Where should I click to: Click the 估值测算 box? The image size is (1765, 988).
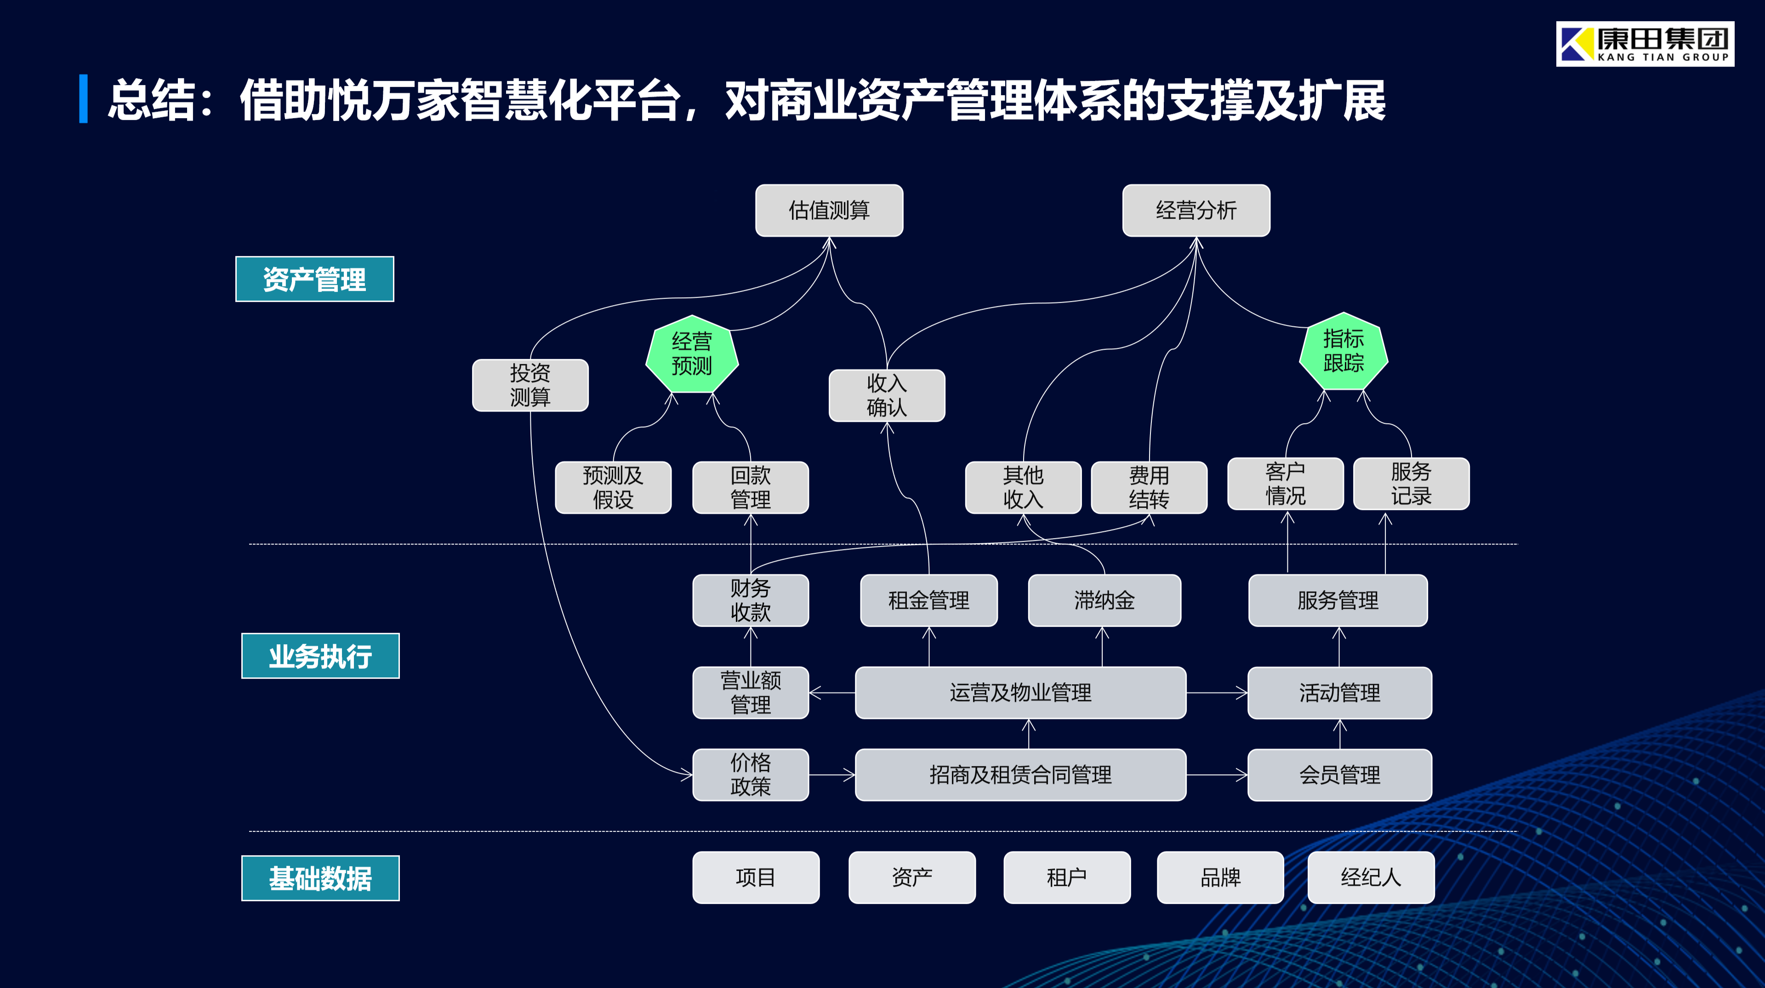pos(829,210)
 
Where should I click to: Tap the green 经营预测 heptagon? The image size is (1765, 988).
pos(692,354)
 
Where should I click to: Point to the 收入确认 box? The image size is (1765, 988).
pos(887,395)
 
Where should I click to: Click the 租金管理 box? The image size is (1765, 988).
pos(928,600)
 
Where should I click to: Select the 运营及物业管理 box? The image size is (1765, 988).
pos(1020,693)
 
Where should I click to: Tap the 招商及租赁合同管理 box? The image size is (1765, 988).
pos(1020,775)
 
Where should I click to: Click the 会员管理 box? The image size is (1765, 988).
pos(1339,775)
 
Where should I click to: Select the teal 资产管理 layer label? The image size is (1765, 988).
pos(314,279)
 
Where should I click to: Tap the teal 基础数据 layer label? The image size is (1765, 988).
pos(320,878)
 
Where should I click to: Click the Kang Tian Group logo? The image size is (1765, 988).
pos(1645,44)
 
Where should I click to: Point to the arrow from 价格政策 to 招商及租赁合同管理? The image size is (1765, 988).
pos(832,775)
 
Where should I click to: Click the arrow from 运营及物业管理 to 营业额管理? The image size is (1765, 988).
pos(832,693)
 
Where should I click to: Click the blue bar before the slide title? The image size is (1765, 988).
pos(84,99)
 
